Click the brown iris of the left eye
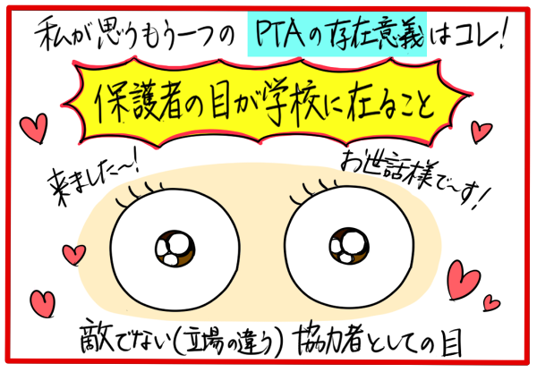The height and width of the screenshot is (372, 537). click(175, 248)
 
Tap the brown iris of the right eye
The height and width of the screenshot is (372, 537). click(349, 246)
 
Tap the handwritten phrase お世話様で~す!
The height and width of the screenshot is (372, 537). click(414, 179)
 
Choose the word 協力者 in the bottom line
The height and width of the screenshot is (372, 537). click(328, 339)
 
